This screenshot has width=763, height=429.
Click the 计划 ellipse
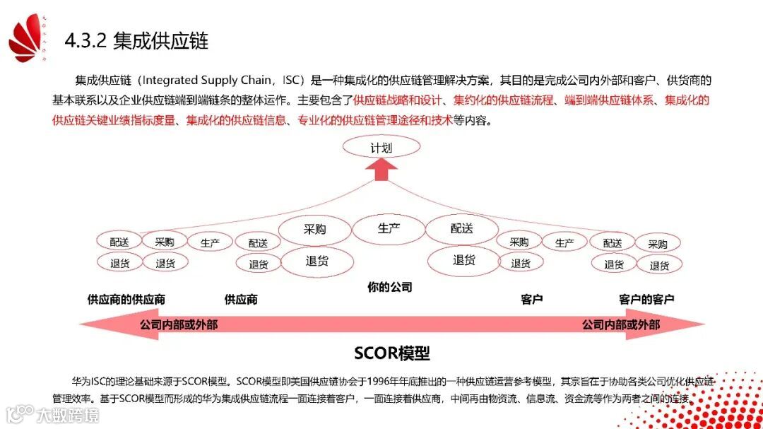click(x=381, y=148)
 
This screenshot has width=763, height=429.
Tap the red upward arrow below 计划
click(x=381, y=170)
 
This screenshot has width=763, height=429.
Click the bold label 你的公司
click(x=389, y=287)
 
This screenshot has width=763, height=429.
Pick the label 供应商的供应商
click(x=126, y=299)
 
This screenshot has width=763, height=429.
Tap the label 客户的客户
click(x=646, y=299)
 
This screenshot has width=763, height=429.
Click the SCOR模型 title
click(x=392, y=353)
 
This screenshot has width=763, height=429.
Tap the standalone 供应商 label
click(x=241, y=299)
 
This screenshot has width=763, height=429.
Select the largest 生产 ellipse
click(x=389, y=228)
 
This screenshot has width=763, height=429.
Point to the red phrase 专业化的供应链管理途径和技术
click(x=375, y=120)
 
